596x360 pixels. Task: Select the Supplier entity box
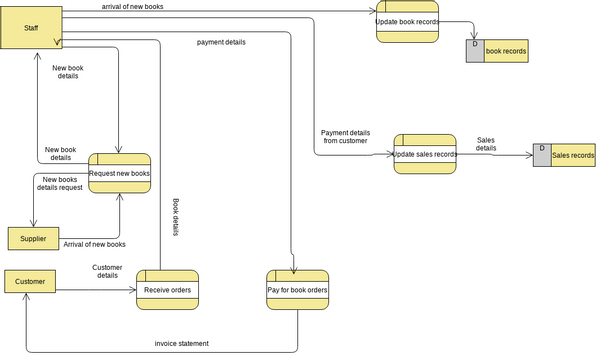click(33, 239)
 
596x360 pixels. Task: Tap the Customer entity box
click(30, 282)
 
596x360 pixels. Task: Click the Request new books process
click(119, 173)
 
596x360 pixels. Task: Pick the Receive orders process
click(167, 290)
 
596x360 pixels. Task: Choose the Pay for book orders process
click(297, 290)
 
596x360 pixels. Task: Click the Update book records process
click(408, 21)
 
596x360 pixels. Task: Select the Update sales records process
click(424, 154)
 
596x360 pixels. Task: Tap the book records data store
click(505, 50)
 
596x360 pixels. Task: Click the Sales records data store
click(573, 155)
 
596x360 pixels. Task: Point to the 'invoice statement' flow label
click(182, 343)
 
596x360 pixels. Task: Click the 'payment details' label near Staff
click(221, 42)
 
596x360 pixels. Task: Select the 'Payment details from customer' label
click(345, 137)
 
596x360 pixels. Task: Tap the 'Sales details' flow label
click(485, 144)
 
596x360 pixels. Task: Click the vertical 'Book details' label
click(176, 215)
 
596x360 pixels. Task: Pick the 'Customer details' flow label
click(107, 271)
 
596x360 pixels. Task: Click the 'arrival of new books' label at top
click(133, 7)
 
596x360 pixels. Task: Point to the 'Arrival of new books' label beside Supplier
click(94, 244)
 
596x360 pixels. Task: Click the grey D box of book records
click(475, 50)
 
